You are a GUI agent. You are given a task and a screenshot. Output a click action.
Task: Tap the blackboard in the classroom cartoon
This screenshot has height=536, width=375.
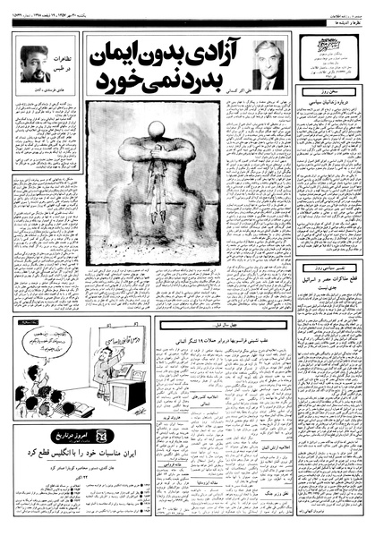point(131,344)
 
